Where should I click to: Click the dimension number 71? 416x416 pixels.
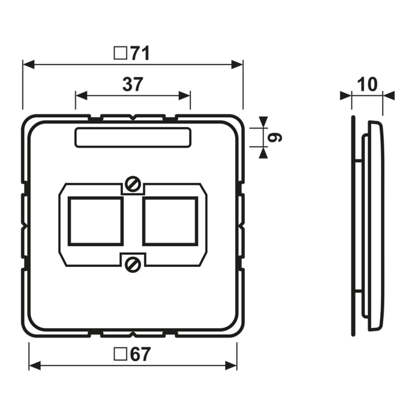140,54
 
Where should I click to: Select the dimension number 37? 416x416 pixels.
133,85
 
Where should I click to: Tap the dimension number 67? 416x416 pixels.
140,354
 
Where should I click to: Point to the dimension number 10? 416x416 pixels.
367,84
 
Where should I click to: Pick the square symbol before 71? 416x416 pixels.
120,53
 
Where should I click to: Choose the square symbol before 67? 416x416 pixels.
120,354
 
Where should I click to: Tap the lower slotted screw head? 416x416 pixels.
133,264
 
